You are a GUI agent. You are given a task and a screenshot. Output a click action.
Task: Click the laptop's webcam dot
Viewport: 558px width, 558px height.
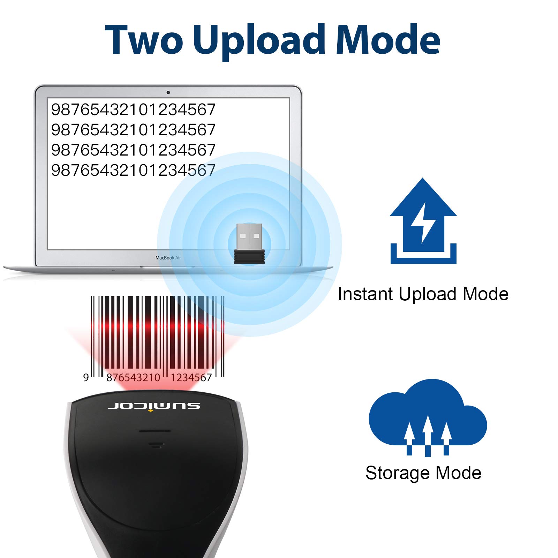pos(168,92)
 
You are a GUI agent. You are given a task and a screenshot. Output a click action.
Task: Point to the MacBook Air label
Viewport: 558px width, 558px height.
pos(168,258)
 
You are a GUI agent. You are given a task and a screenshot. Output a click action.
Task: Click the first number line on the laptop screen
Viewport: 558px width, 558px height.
pos(133,110)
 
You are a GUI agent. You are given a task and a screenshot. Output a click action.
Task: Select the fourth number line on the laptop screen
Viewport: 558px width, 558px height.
pos(133,170)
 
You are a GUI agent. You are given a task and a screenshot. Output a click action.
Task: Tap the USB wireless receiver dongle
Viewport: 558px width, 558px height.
pos(249,243)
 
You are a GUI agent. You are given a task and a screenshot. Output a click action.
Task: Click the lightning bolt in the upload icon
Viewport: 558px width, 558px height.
pos(423,223)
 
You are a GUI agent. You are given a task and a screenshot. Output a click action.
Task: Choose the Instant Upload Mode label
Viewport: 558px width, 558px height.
pos(423,294)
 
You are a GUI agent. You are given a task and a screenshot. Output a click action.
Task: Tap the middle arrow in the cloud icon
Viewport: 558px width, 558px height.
pos(428,436)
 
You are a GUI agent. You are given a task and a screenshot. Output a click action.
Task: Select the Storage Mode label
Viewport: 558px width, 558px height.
pos(423,473)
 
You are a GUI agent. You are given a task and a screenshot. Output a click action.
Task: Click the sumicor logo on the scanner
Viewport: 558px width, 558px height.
pos(154,406)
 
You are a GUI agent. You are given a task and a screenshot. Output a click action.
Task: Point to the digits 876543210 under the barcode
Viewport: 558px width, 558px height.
pos(133,377)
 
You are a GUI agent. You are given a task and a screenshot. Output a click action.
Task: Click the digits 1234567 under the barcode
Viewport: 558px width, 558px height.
pos(191,377)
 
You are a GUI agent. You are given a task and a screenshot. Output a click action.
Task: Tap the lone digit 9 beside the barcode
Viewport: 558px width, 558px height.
pos(86,377)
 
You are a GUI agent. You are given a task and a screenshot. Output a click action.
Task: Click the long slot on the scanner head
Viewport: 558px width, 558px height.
pos(155,431)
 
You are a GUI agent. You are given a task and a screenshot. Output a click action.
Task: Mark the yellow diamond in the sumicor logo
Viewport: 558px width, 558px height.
pos(150,411)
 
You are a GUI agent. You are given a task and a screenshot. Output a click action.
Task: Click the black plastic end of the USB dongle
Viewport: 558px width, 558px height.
pos(249,257)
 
